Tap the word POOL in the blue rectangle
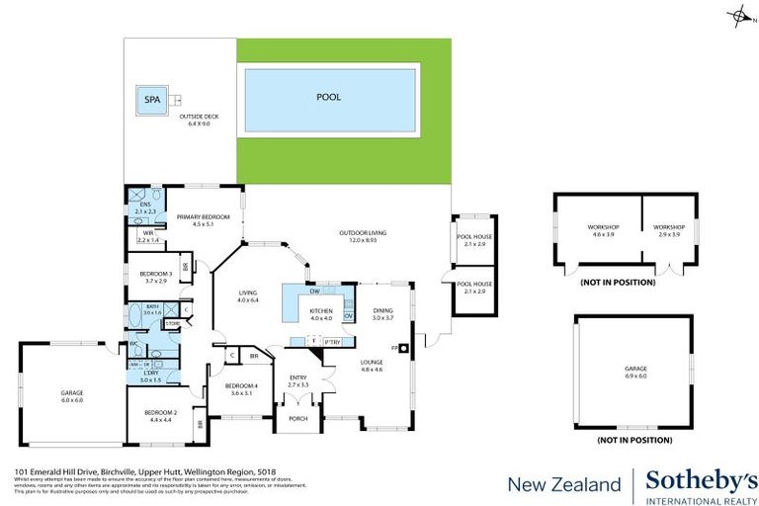click(x=328, y=98)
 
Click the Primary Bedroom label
click(x=203, y=219)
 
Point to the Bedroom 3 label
click(x=156, y=277)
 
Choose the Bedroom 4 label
click(x=241, y=387)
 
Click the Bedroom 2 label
click(x=162, y=415)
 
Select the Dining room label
click(x=382, y=314)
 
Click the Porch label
click(x=297, y=419)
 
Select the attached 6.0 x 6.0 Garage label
click(x=72, y=395)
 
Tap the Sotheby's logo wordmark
click(x=701, y=480)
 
